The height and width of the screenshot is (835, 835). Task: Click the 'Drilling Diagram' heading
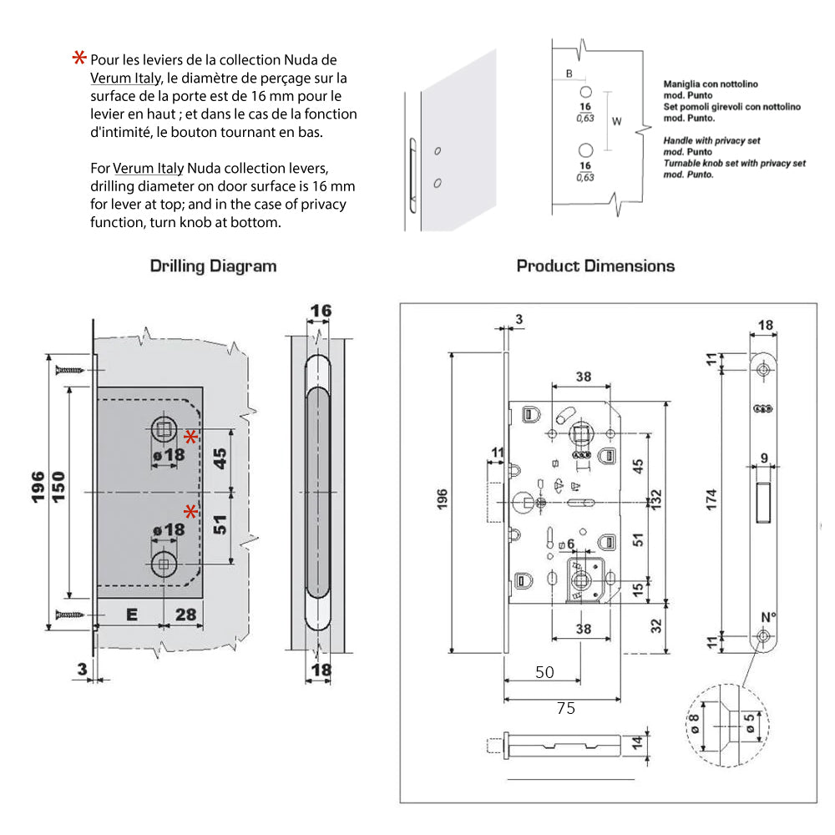213,266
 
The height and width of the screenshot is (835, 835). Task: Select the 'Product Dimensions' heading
595,266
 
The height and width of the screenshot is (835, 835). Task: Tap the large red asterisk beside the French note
79,58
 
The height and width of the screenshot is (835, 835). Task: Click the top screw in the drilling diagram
70,370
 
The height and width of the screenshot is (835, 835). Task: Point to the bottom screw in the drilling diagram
70,615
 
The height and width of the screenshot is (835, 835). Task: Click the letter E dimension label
132,615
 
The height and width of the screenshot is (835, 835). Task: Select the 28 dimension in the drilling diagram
186,615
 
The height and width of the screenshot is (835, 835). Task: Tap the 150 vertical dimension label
58,487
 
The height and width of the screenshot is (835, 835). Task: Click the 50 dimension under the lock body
544,672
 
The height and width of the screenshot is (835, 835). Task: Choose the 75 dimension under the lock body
565,708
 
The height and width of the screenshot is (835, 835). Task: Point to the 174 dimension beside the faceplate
711,499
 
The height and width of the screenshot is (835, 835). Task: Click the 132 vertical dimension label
655,499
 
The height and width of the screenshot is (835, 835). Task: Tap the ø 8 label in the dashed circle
693,724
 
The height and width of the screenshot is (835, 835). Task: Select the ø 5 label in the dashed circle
749,724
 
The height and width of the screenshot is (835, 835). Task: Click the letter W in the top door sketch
617,121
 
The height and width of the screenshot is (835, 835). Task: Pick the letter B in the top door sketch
569,73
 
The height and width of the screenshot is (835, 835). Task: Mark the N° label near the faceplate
768,617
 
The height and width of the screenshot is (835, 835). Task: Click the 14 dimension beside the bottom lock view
637,743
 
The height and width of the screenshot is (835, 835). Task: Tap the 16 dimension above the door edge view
321,311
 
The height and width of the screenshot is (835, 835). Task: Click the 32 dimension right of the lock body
656,626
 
